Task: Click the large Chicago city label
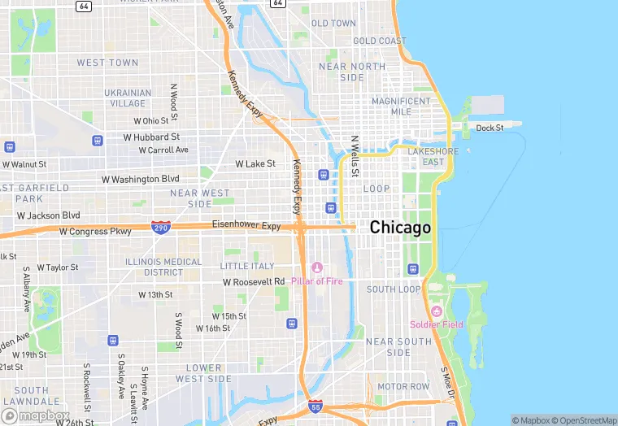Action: pyautogui.click(x=400, y=228)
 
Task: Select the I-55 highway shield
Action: pyautogui.click(x=316, y=406)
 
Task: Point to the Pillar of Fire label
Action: pyautogui.click(x=317, y=281)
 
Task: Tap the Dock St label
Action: pyautogui.click(x=490, y=128)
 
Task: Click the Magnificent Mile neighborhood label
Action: pyautogui.click(x=401, y=106)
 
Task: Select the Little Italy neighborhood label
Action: pyautogui.click(x=247, y=266)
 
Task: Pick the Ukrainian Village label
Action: pyautogui.click(x=128, y=98)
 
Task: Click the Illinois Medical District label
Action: pyautogui.click(x=163, y=267)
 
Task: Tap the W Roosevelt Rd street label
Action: pyautogui.click(x=255, y=281)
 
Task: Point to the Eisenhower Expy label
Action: pyautogui.click(x=246, y=224)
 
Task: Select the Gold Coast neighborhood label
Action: pyautogui.click(x=380, y=41)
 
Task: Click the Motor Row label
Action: pyautogui.click(x=404, y=386)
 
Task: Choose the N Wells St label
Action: pyautogui.click(x=354, y=157)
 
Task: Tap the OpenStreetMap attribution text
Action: pyautogui.click(x=583, y=420)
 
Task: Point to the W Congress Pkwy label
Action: pyautogui.click(x=95, y=232)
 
